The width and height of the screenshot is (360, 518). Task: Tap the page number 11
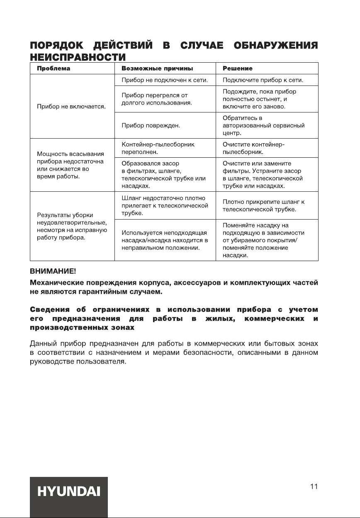click(314, 486)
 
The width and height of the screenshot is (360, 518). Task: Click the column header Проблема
click(54, 68)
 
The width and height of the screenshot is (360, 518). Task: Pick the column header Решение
click(238, 68)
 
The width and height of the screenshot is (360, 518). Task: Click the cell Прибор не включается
click(71, 107)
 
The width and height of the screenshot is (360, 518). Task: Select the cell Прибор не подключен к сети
click(164, 80)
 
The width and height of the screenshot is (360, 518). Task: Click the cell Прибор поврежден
click(147, 125)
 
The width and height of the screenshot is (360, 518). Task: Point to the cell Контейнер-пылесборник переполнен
click(158, 148)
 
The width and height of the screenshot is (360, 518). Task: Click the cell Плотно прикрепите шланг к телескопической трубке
click(263, 205)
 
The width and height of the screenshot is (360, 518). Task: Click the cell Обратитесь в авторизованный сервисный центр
click(263, 125)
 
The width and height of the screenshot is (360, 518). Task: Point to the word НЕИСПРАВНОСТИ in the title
click(78, 56)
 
